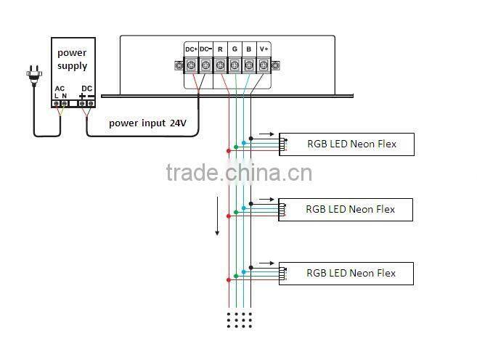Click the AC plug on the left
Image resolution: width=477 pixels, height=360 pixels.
click(x=33, y=73)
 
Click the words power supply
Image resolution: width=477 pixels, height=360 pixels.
click(x=73, y=59)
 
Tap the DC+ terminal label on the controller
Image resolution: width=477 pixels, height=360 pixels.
click(x=191, y=49)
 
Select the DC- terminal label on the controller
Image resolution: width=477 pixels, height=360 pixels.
click(x=205, y=49)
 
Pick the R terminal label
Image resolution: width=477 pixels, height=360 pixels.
click(x=220, y=49)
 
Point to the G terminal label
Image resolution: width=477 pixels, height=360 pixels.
click(x=235, y=49)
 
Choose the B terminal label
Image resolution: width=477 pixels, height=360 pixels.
click(x=248, y=49)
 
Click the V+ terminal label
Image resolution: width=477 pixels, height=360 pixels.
click(x=264, y=49)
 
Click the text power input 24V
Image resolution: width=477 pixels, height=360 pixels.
click(x=147, y=123)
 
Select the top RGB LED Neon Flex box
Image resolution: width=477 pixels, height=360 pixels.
click(x=346, y=144)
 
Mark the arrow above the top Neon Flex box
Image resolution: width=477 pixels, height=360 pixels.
click(x=267, y=134)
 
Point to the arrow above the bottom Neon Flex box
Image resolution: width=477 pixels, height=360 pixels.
click(x=267, y=263)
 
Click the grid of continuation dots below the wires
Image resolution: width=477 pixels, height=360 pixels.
click(x=240, y=319)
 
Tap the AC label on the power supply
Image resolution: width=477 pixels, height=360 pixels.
click(x=60, y=89)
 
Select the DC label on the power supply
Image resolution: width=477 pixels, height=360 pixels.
click(x=86, y=89)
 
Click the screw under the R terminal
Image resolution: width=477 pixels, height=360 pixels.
click(x=220, y=65)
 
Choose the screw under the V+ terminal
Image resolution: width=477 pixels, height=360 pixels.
click(x=263, y=65)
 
